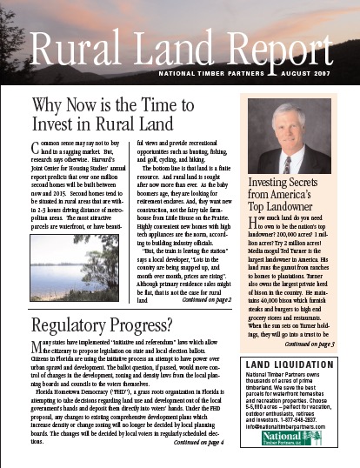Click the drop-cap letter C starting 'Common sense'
point(36,144)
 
